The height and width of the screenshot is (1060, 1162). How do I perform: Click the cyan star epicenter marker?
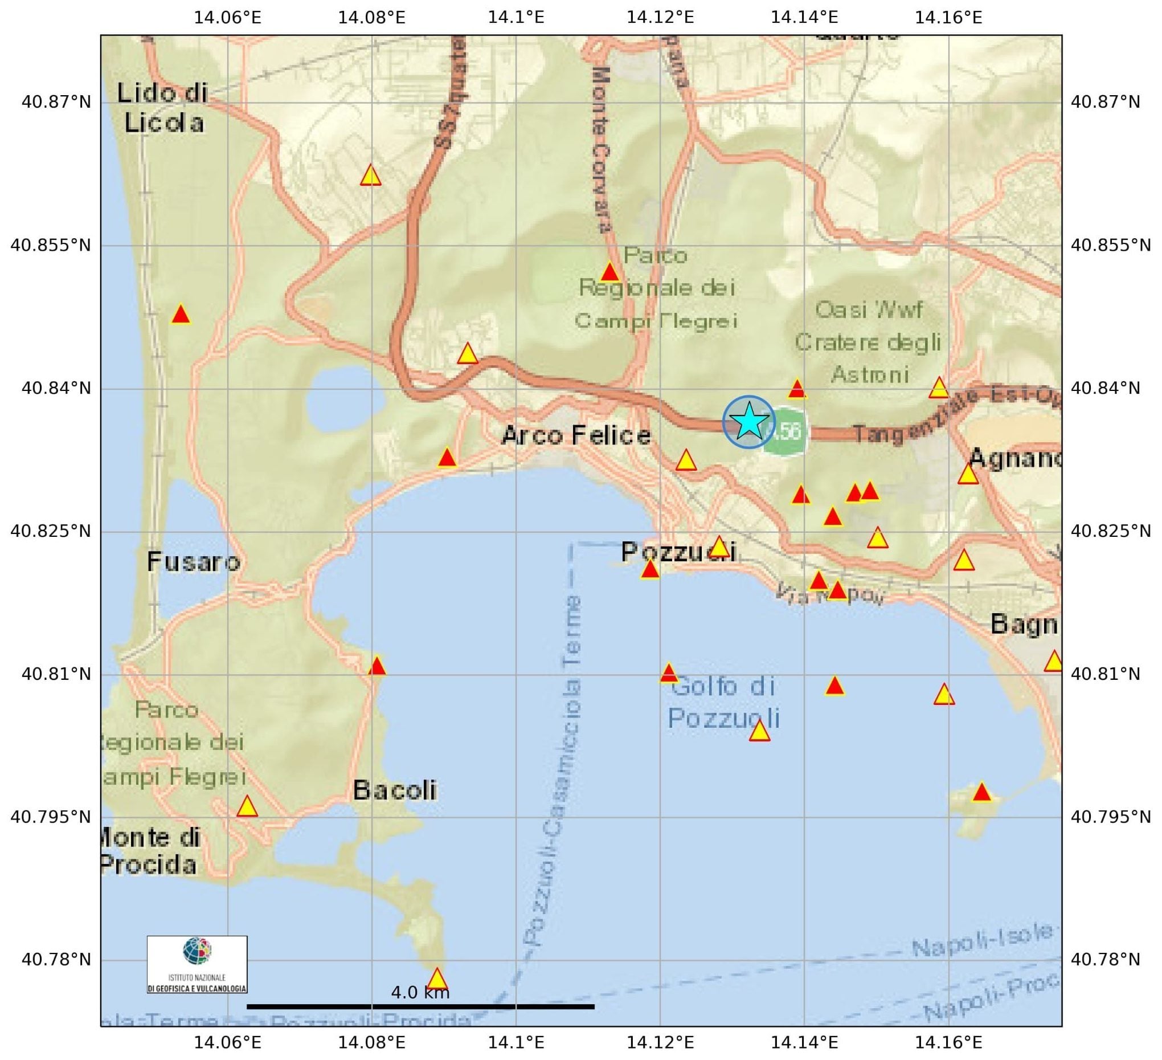748,422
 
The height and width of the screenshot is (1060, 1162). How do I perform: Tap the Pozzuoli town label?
678,552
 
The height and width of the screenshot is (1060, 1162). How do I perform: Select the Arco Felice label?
576,435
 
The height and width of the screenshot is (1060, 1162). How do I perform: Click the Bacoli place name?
394,790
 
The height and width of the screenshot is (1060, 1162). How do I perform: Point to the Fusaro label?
194,562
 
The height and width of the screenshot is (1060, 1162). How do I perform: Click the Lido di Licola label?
162,108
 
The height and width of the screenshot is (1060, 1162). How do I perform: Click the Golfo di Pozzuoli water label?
723,703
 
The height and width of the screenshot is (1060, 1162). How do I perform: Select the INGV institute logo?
197,964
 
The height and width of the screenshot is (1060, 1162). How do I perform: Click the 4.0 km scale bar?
420,1006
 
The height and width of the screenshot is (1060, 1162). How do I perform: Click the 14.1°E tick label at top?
516,17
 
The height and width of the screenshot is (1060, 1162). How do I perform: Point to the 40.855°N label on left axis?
51,246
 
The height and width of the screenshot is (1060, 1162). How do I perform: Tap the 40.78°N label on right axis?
1105,959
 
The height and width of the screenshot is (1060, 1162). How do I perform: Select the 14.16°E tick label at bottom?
948,1042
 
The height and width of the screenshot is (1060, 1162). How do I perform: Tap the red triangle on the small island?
981,793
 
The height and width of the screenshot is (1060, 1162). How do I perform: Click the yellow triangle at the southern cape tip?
437,979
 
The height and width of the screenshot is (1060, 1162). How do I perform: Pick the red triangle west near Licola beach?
181,315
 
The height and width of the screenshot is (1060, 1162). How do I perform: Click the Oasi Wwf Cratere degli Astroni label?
869,343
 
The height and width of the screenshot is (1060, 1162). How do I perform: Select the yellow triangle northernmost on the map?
371,176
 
